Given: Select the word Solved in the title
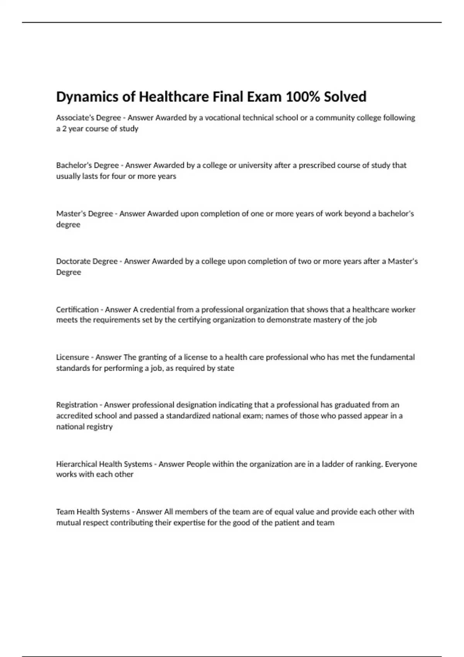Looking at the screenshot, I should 345,97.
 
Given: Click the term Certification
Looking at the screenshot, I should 77,310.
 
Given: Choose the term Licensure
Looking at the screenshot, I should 72,357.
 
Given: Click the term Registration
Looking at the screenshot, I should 77,405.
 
